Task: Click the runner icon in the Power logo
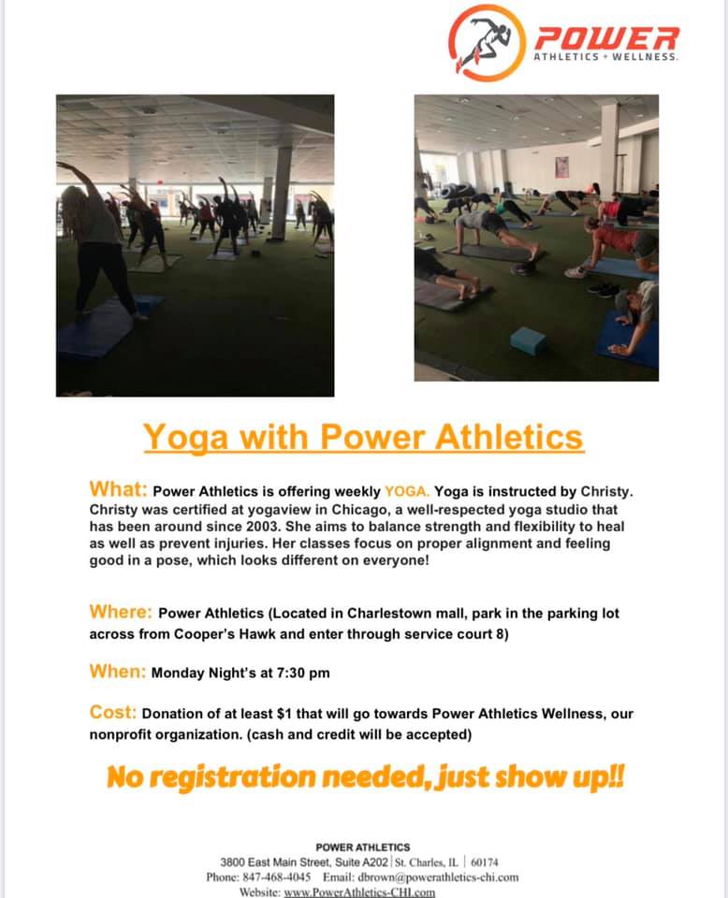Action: click(487, 42)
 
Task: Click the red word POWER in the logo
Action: click(606, 38)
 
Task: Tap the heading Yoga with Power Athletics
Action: click(364, 438)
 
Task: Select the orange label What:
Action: click(118, 489)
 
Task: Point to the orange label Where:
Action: click(121, 612)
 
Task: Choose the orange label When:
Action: click(117, 672)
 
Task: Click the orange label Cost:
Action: click(113, 713)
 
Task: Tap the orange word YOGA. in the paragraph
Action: click(407, 491)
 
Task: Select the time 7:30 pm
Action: click(303, 673)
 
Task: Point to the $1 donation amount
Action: click(284, 714)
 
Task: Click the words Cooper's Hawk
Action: click(239, 634)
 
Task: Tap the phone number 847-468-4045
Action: click(277, 877)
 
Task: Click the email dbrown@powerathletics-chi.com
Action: click(438, 877)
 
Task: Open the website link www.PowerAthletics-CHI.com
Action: click(359, 891)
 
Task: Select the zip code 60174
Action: click(485, 862)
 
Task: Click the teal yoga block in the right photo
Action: click(528, 341)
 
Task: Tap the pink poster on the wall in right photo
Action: click(561, 167)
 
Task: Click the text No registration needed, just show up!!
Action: click(366, 777)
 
